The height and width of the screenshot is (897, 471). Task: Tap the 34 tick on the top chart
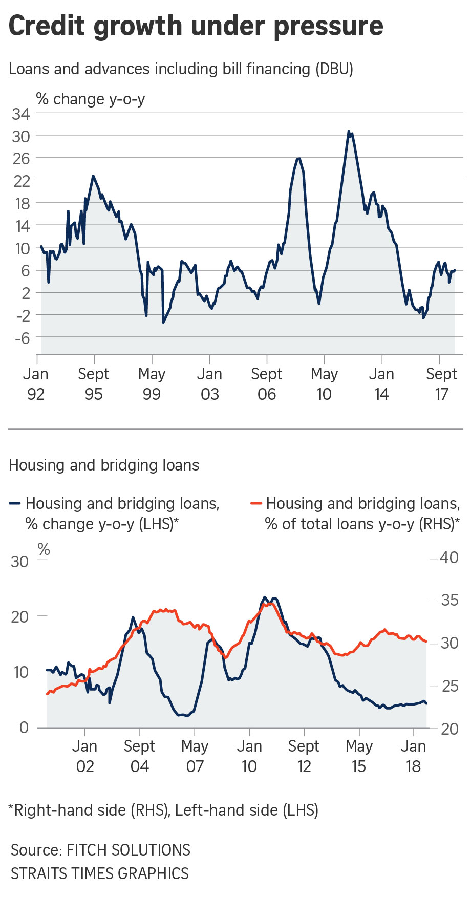coord(21,114)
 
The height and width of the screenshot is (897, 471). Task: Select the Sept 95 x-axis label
coord(94,384)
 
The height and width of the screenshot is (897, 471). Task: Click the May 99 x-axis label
coord(152,384)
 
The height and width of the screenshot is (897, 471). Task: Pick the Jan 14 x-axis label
coord(381,384)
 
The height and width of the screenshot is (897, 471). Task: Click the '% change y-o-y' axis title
coord(91,99)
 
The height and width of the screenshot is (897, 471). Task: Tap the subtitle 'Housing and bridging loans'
coord(104,465)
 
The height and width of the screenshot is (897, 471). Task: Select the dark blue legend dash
coord(14,504)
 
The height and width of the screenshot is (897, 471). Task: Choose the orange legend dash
coord(255,504)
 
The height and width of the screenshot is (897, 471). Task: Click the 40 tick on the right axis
coord(449,558)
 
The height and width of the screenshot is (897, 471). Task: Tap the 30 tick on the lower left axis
coord(19,561)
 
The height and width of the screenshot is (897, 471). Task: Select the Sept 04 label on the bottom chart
coord(139,756)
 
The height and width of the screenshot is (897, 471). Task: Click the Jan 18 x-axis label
coord(413,756)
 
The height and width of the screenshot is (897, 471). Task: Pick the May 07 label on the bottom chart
coord(195,756)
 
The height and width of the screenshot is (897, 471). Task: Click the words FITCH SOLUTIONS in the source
coord(129,850)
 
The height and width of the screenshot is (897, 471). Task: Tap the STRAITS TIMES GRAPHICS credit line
coord(100,873)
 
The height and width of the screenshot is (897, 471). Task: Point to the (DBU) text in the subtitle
coord(334,69)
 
